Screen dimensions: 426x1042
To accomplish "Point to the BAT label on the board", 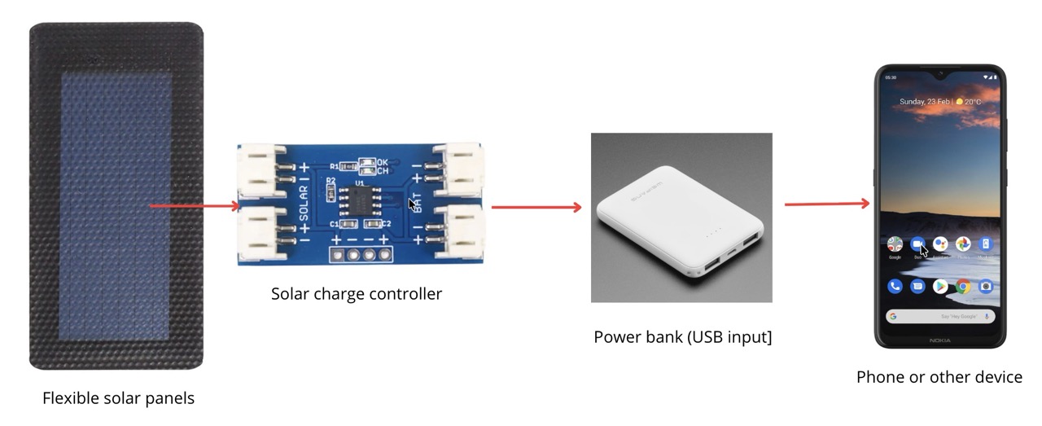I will (416, 204).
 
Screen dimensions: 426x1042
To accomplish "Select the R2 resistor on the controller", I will (331, 191).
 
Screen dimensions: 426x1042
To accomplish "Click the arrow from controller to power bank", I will (536, 207).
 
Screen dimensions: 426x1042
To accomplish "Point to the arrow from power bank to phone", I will (827, 203).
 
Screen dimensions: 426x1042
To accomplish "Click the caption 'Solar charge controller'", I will (357, 293).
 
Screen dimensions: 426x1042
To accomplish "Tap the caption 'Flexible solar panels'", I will (118, 398).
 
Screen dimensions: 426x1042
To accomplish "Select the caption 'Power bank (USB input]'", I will (682, 336).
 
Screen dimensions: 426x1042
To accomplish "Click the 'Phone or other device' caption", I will (939, 377).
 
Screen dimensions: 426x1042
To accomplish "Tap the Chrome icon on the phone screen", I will (963, 286).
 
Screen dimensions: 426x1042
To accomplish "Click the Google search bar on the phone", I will (939, 315).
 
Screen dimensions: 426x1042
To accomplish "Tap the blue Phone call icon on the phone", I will (895, 286).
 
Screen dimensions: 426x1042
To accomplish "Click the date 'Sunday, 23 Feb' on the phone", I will (926, 102).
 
